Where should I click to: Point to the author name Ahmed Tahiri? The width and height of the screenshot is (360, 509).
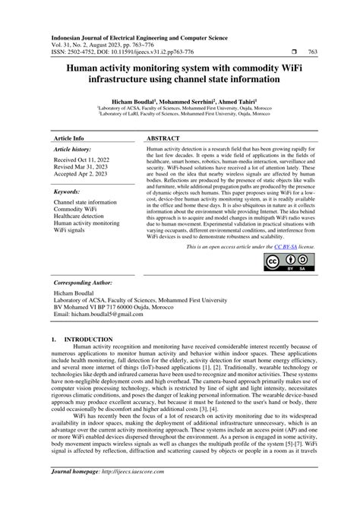(237, 100)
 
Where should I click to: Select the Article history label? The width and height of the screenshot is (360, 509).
(72, 150)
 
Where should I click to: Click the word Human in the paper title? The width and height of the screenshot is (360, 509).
(84, 67)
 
